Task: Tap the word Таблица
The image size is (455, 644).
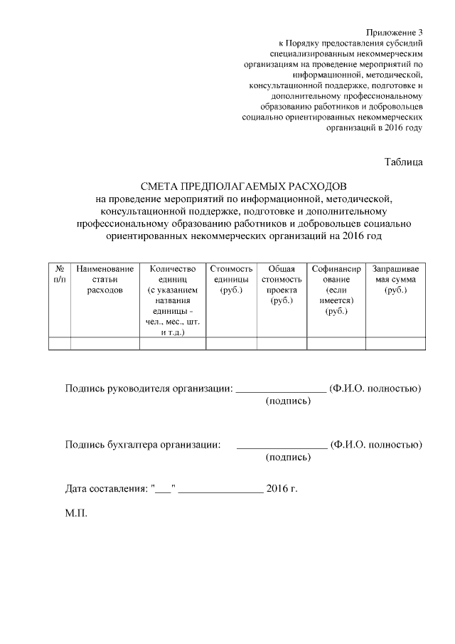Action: pos(403,162)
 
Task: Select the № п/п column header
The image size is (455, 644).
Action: pos(60,275)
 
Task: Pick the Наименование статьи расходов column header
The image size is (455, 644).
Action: pos(105,280)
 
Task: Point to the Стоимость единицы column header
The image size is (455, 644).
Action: pos(231,280)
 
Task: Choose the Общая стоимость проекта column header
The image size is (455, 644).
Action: pos(282,285)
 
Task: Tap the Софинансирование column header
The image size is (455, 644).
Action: pos(336,290)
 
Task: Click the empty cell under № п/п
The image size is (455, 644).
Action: pos(60,344)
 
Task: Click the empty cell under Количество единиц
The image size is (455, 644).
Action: pos(173,344)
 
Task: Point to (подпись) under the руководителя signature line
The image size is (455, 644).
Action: pos(288,402)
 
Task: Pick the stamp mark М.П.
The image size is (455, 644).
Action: pos(76,514)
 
